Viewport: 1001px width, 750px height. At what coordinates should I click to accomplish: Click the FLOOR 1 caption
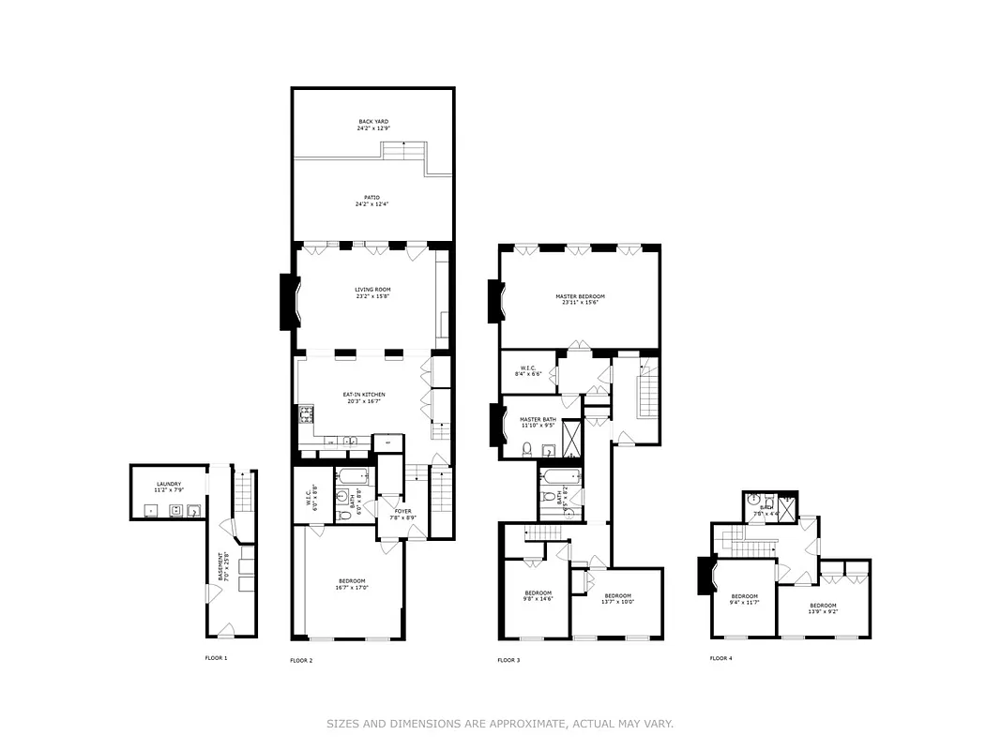point(216,658)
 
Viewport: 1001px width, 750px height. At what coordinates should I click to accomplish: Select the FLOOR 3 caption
point(508,660)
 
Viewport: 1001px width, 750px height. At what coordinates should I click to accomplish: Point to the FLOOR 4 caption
point(720,658)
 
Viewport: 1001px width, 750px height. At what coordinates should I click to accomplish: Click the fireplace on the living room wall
point(289,301)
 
